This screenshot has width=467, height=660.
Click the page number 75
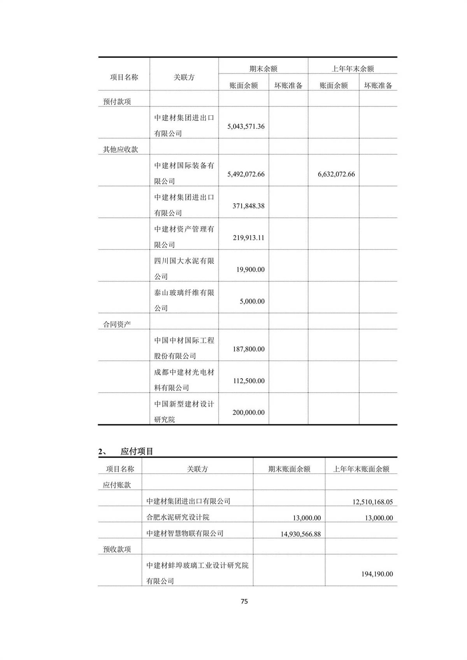pos(244,601)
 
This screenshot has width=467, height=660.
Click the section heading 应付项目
pos(137,451)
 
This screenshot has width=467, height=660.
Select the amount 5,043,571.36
pos(246,126)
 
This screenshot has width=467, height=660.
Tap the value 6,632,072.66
pos(336,174)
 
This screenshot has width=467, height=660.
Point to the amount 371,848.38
pos(248,206)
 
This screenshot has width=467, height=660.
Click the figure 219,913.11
pos(248,238)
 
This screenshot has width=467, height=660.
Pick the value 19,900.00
pos(250,270)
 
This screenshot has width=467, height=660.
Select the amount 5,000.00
pos(252,302)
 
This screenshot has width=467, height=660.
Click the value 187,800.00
pos(248,349)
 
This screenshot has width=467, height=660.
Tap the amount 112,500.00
pos(248,381)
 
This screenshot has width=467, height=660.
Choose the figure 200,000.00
pos(248,412)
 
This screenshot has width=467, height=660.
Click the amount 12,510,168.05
pos(372,502)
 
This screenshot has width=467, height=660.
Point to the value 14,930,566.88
pos(300,534)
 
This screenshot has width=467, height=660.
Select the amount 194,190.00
pos(377,574)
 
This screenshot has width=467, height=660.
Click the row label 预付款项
pos(117,102)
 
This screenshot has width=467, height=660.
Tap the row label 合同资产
pos(117,324)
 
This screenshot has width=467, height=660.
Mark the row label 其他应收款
pos(120,149)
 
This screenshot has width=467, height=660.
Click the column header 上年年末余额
pos(353,69)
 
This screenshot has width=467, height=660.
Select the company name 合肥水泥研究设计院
pos(178,517)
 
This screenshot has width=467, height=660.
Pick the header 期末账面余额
pos(289,469)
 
